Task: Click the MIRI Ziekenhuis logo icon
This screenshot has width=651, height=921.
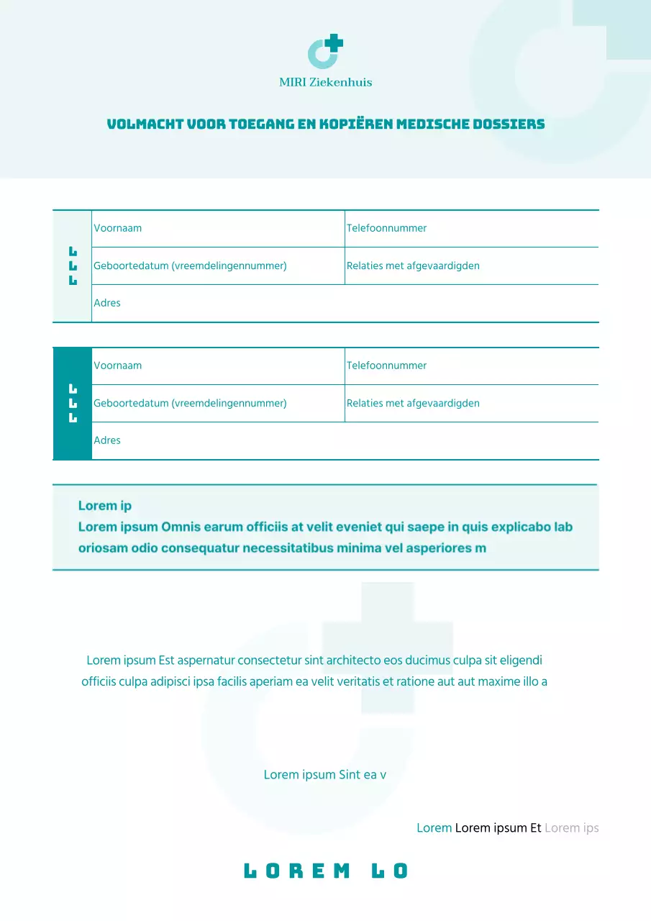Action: [325, 52]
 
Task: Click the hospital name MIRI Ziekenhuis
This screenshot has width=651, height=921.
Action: [325, 82]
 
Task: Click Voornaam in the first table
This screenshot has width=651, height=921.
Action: [117, 228]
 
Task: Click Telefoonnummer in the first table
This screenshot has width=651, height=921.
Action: [386, 228]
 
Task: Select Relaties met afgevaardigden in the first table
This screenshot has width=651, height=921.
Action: [413, 266]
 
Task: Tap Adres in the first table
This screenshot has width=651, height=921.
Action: [107, 303]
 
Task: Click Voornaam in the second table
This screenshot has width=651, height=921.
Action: [117, 366]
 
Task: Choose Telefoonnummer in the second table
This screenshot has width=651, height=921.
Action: [386, 366]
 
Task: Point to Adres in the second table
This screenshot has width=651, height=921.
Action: [107, 440]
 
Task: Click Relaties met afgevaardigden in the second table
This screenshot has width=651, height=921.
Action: [413, 403]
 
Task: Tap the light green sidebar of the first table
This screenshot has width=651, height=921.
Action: [72, 302]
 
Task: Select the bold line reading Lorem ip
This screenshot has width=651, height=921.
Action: [105, 506]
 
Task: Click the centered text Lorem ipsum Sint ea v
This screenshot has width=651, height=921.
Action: [325, 775]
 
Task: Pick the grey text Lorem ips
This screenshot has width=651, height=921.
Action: [571, 828]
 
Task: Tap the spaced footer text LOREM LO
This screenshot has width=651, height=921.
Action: [325, 871]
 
